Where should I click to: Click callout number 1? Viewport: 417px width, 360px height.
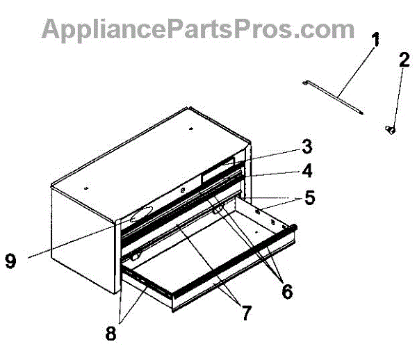pos(375,40)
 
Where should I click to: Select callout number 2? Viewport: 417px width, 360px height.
pos(402,60)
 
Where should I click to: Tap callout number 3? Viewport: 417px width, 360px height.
pos(306,147)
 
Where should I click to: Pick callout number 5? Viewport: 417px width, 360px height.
pos(309,198)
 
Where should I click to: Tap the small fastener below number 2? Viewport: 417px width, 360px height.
pos(390,129)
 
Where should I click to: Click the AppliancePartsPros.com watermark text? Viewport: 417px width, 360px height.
pos(199,29)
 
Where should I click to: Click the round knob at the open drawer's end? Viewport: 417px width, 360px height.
pos(295,227)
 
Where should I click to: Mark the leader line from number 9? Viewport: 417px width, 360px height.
pos(69,243)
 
